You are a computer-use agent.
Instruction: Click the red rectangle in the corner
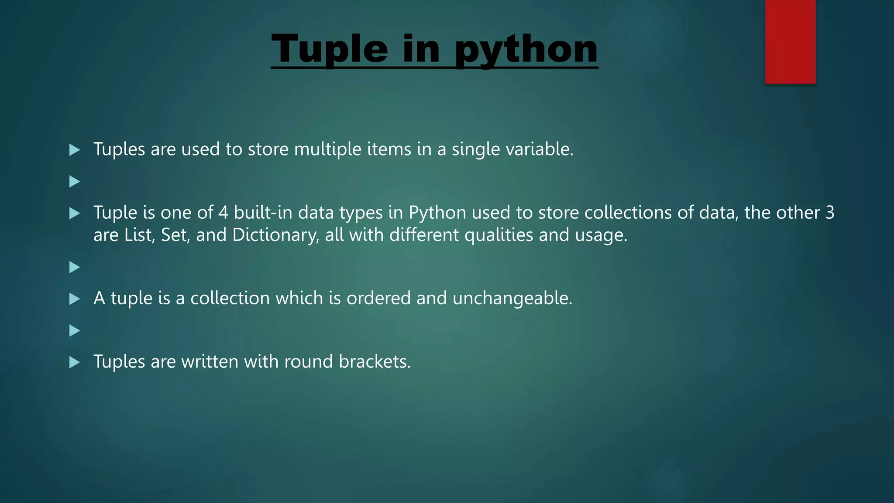point(790,41)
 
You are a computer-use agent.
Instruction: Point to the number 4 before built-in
point(223,213)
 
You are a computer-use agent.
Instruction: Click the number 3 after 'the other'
point(830,213)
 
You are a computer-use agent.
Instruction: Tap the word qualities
point(499,235)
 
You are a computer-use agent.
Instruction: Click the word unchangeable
point(512,299)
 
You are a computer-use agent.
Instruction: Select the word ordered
point(378,298)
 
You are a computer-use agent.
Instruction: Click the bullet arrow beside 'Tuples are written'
point(75,362)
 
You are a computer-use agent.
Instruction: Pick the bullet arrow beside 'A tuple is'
point(75,299)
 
